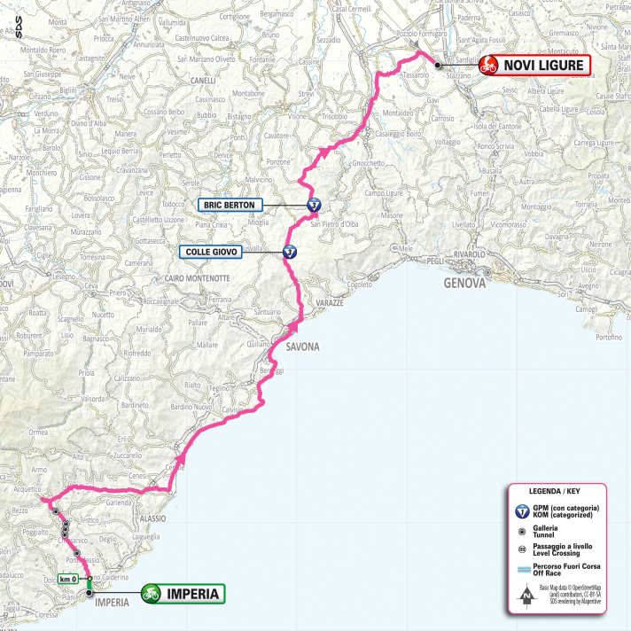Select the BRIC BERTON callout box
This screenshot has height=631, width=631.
(x=229, y=205)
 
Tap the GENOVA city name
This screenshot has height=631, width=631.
(x=467, y=284)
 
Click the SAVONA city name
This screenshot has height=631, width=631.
(x=302, y=347)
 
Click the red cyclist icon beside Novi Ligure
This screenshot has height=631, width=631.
(x=487, y=65)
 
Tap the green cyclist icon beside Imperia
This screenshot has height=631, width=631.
(x=152, y=593)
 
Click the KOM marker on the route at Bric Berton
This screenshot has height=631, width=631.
(x=314, y=205)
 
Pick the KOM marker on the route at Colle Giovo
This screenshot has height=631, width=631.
(x=290, y=252)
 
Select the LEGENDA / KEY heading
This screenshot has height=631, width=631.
(x=555, y=491)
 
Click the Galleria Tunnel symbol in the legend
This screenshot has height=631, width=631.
(x=524, y=529)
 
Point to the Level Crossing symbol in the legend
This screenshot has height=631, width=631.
(x=524, y=549)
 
